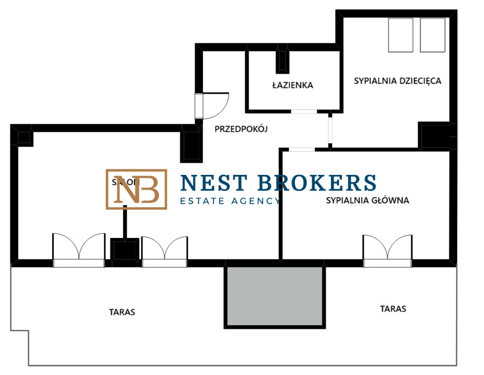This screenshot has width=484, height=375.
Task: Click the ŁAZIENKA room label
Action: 292,85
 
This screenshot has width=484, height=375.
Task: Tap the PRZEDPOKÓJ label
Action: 240,130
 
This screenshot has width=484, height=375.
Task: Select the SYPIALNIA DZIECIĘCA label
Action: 398,81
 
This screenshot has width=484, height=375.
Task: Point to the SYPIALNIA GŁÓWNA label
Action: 368,200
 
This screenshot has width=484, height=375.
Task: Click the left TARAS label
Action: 122,312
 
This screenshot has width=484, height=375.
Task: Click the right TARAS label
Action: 393,309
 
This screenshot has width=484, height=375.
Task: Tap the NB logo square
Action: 136,189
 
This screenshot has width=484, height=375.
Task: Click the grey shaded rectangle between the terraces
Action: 275,297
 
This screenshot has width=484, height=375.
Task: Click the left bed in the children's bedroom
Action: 400,35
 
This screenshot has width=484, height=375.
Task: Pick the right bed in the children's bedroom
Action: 432,35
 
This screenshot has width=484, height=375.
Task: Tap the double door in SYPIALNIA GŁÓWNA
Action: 387,250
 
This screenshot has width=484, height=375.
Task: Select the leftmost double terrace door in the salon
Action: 78,249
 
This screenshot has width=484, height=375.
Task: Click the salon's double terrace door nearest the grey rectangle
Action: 165,251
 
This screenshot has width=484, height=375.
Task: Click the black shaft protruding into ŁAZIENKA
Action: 283,60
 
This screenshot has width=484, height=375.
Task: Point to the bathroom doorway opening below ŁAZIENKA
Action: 303,112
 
